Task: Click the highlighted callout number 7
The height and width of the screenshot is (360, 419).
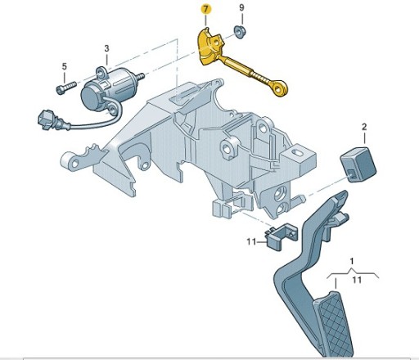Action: click(205, 10)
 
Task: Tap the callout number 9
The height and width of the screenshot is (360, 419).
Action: click(241, 8)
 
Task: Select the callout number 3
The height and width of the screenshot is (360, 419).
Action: click(106, 48)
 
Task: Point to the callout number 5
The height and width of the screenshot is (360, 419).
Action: click(64, 66)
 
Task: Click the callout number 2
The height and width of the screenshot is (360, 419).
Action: click(364, 127)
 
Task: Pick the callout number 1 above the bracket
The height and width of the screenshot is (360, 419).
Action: click(352, 261)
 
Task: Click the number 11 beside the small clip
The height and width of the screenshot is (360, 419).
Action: click(251, 241)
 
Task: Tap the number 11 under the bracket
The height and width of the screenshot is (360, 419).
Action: click(357, 280)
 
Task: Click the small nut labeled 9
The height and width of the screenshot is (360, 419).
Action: click(240, 32)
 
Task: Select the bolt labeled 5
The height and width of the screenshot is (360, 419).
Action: click(66, 88)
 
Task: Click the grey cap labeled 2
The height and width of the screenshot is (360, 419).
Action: click(358, 164)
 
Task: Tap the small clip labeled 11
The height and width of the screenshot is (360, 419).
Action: click(281, 236)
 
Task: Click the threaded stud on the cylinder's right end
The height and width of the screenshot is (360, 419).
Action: click(140, 77)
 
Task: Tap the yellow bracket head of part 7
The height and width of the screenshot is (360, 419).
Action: click(210, 47)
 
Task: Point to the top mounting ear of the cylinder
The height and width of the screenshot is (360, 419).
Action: click(101, 73)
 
